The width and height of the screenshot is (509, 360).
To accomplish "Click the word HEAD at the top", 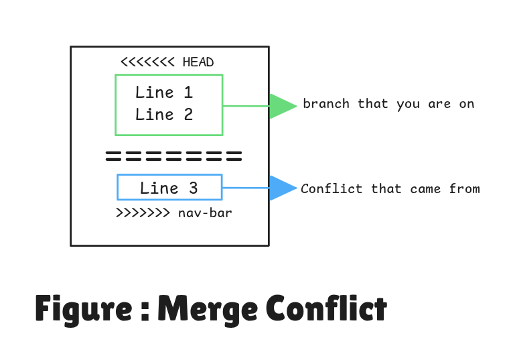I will click(198, 62).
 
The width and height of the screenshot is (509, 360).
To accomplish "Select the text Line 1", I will click(164, 93).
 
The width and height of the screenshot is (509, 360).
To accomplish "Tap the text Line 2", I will click(164, 115).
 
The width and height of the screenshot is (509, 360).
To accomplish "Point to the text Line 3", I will click(169, 188).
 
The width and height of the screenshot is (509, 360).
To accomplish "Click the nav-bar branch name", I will click(206, 214).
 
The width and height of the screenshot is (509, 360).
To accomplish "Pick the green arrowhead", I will click(281, 106).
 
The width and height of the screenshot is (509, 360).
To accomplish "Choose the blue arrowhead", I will click(281, 188).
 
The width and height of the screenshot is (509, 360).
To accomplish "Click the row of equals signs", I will click(173, 158).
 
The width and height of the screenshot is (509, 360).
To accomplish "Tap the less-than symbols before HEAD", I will click(147, 62).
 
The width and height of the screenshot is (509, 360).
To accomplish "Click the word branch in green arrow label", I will click(326, 104).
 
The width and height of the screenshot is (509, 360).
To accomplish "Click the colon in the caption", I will click(145, 311).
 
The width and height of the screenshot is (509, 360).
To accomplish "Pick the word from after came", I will click(464, 188).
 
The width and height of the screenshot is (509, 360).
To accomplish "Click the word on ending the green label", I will click(466, 104).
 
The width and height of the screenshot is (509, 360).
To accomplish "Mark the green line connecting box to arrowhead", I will click(246, 106).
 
